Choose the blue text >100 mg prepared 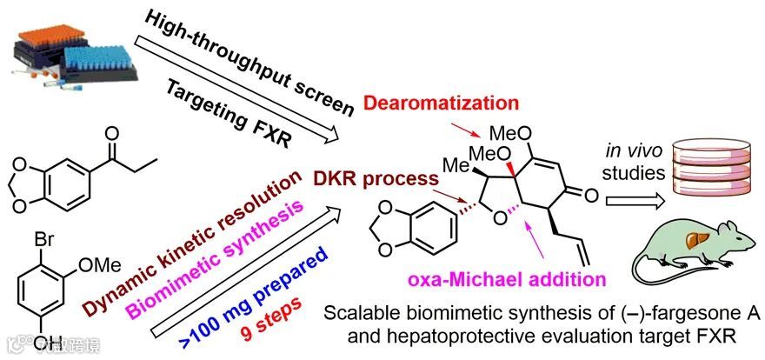[260, 295]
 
